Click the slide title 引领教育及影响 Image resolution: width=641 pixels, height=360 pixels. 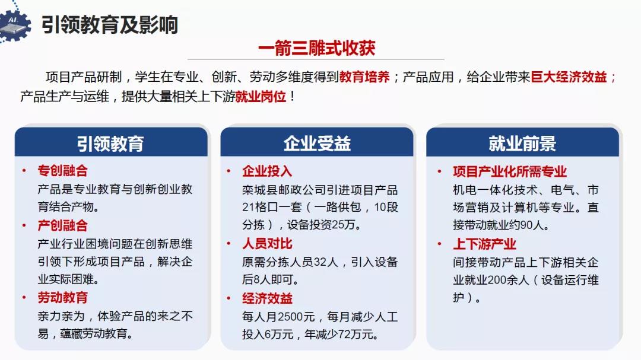coord(110,24)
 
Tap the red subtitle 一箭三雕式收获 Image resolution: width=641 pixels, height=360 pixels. coord(317,48)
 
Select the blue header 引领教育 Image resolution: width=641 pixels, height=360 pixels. coord(110,144)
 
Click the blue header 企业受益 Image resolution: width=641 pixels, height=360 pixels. coord(317,144)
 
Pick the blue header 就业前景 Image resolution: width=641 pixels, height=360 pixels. coord(522,144)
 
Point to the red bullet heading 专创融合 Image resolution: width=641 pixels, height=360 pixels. coord(62,170)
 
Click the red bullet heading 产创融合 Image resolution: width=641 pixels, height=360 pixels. coord(62,225)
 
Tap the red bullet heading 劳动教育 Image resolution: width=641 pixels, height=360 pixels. coord(62,297)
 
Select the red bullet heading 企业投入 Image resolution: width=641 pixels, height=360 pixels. coord(267,171)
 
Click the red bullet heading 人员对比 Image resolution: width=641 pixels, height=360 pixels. coord(267,244)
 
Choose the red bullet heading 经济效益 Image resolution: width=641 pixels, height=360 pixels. coord(267,298)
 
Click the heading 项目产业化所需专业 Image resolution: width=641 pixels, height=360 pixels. coord(509,171)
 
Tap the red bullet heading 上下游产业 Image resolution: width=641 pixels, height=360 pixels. coord(484,244)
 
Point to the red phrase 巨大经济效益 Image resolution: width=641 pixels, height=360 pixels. coord(569,77)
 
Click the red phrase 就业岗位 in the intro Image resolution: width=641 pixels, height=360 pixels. coord(261,97)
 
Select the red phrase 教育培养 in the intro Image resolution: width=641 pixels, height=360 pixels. coord(364,77)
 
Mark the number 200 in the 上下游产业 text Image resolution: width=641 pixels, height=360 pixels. coord(497,281)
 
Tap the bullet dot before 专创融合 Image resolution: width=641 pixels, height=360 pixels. coord(24,170)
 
